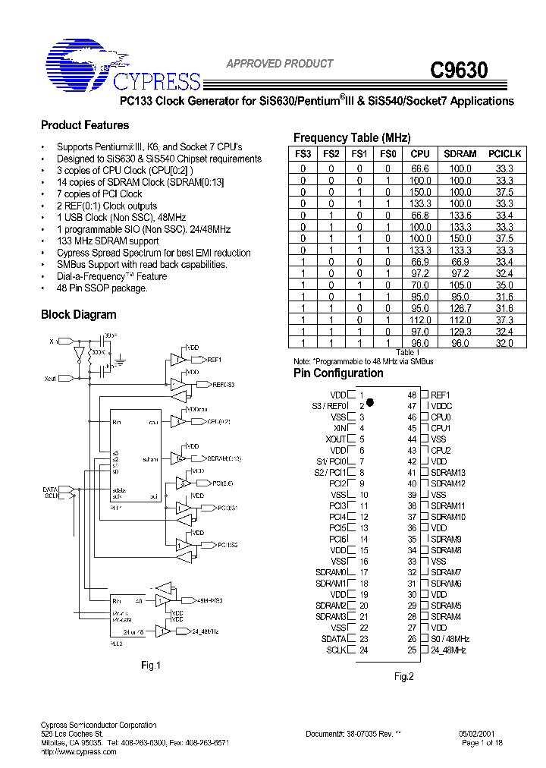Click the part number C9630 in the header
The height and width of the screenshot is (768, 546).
click(x=459, y=71)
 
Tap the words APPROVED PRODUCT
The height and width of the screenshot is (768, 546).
click(x=280, y=64)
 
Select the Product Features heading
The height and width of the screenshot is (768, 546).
click(x=85, y=125)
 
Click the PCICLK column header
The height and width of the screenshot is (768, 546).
click(x=504, y=154)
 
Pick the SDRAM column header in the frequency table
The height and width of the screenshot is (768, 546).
click(x=460, y=154)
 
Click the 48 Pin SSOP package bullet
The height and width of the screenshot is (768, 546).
click(x=102, y=288)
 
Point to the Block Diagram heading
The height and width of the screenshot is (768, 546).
click(x=78, y=315)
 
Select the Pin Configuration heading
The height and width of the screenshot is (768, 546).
click(x=338, y=373)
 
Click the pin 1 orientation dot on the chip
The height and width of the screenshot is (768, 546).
click(x=371, y=406)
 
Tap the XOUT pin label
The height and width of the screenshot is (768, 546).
click(x=335, y=439)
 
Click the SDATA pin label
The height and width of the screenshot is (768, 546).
click(x=334, y=639)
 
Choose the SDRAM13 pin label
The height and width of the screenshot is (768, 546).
click(x=447, y=473)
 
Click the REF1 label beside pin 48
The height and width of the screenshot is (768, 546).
click(x=440, y=395)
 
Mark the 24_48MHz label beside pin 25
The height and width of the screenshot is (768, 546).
click(x=448, y=650)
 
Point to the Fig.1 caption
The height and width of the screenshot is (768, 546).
click(x=152, y=666)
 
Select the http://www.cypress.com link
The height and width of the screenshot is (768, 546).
click(x=78, y=752)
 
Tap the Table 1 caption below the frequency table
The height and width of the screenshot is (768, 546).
click(x=407, y=353)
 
